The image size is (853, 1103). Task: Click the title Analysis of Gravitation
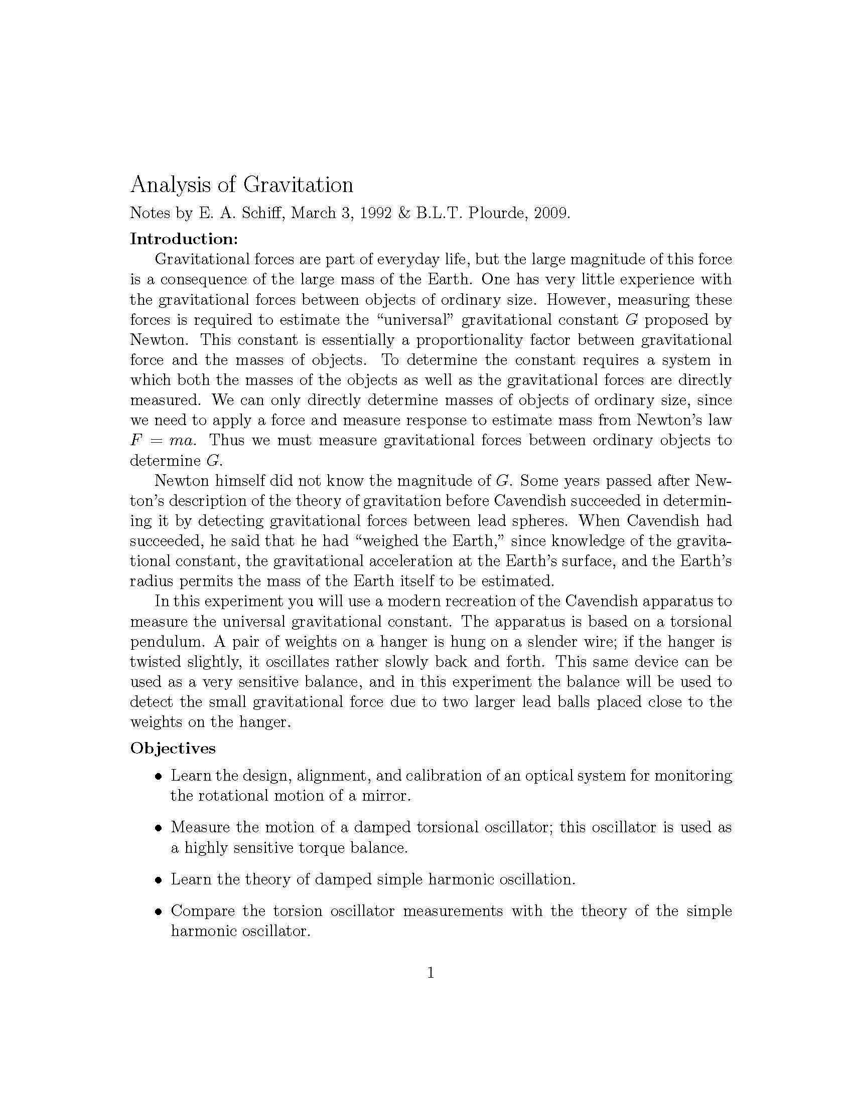point(241,185)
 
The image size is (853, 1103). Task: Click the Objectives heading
point(173,748)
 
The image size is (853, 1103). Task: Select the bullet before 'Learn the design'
point(159,776)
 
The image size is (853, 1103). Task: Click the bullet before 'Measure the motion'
point(159,828)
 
